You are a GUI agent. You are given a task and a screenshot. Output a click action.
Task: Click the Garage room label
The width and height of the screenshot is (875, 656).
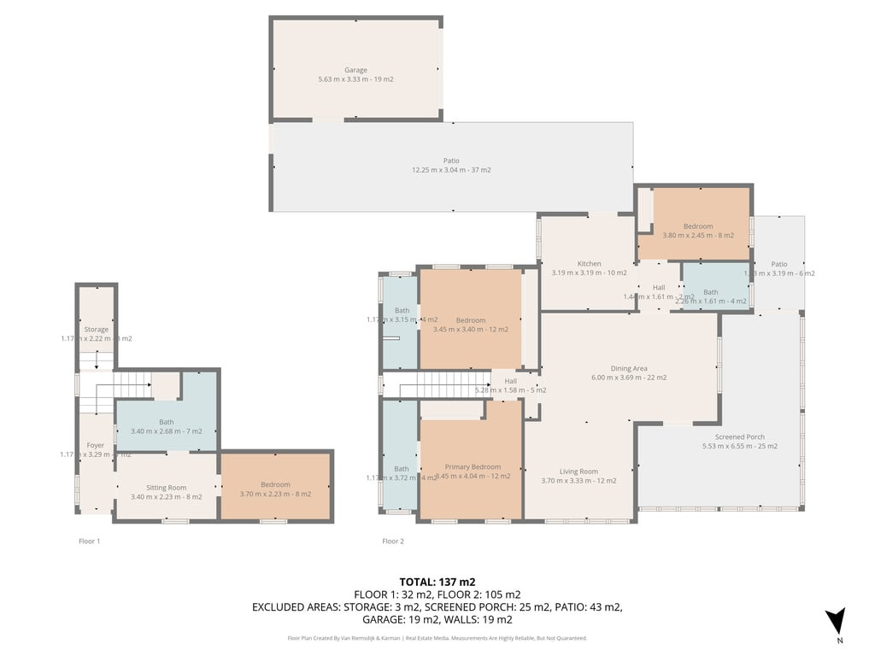point(355,70)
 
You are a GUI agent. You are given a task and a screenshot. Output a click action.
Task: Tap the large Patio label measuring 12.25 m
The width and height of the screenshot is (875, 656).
point(451,161)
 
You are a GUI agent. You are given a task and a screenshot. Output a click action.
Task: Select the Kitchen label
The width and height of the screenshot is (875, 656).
point(589,264)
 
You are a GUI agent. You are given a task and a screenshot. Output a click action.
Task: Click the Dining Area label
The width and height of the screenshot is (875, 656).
point(628,369)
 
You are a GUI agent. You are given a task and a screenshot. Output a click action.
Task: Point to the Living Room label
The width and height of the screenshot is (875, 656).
point(578,471)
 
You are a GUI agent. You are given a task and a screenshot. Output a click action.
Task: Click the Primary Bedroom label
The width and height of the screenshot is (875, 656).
point(473,467)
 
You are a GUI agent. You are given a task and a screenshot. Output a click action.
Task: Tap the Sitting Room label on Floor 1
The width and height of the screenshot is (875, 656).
point(166,488)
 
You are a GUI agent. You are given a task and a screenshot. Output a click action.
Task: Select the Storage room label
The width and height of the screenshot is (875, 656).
point(96,330)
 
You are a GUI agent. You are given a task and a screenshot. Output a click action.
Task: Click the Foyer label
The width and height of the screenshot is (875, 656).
point(95,446)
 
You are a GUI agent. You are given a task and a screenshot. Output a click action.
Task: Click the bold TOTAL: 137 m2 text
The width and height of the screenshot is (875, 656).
point(437,582)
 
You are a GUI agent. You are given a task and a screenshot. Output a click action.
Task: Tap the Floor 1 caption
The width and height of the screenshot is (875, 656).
point(89,541)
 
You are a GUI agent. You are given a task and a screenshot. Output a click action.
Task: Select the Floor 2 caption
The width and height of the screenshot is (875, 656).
point(393,541)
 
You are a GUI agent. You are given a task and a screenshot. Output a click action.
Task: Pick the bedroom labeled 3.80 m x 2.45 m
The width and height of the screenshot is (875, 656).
point(697,226)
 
